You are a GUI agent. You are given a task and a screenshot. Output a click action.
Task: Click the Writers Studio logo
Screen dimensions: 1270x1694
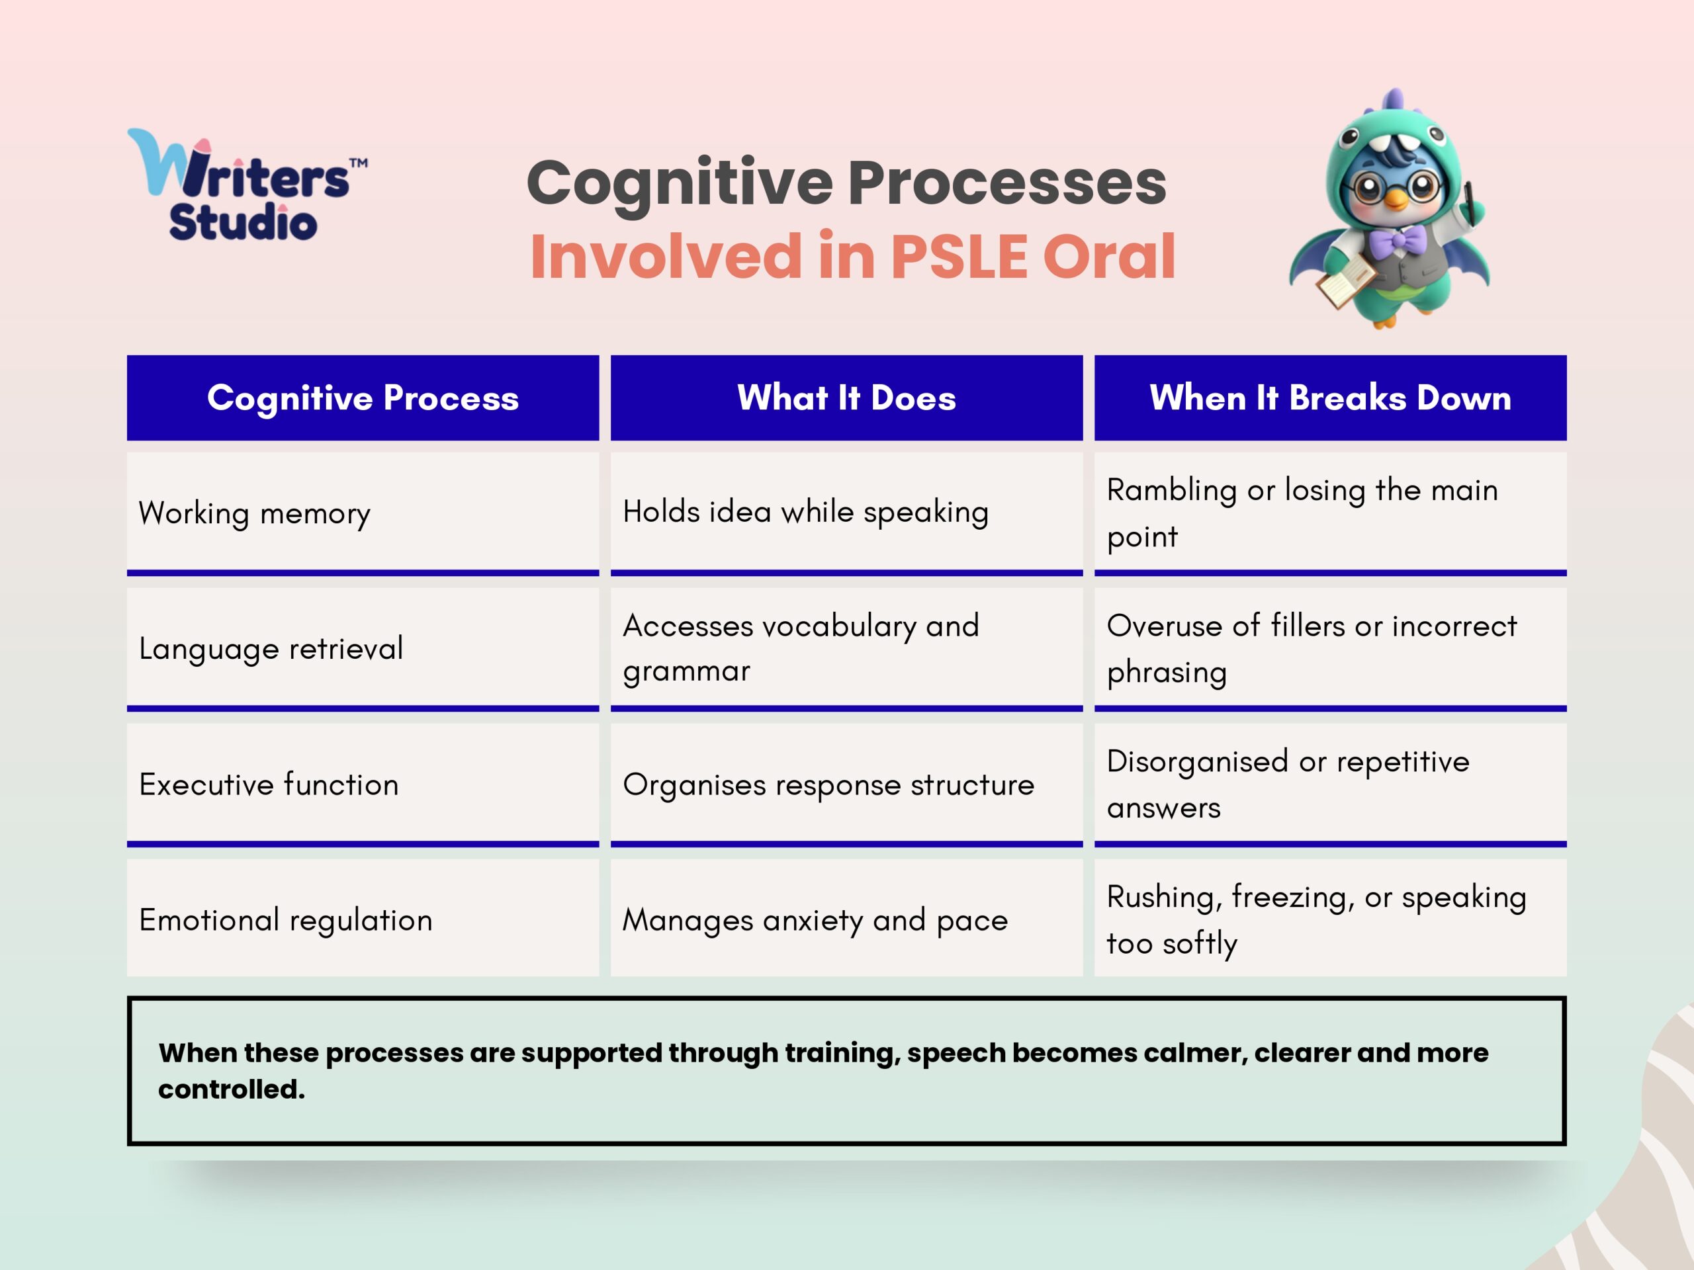pos(245,186)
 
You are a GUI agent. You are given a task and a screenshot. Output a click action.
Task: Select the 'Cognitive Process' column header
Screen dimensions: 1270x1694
pos(363,398)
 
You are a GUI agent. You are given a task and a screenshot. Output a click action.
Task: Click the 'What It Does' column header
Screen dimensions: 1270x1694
pos(846,398)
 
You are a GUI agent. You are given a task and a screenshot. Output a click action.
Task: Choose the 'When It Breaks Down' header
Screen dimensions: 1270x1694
pos(1330,398)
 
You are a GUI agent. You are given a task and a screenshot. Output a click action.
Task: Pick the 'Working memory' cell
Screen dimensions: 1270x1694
pos(254,513)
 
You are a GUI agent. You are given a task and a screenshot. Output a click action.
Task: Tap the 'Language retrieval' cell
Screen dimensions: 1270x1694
pos(271,648)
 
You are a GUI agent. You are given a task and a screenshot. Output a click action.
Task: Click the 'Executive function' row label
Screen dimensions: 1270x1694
pos(269,784)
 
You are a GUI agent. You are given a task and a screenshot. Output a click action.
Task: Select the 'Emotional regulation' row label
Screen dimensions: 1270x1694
pos(286,919)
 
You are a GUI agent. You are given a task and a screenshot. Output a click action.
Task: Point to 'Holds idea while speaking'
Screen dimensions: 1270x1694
pos(806,512)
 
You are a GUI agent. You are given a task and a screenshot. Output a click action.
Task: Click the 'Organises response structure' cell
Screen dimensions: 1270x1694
pos(828,784)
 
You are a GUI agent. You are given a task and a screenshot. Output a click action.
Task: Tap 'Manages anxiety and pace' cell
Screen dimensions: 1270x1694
pos(815,919)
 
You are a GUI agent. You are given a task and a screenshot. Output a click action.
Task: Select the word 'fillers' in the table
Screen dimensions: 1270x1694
pos(1308,626)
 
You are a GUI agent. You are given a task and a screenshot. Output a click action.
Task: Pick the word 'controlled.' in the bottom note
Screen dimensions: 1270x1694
pos(232,1089)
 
